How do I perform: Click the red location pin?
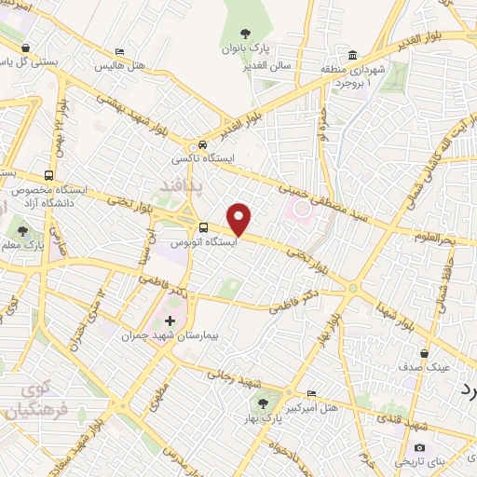point(240,219)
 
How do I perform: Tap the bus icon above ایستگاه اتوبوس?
point(202,228)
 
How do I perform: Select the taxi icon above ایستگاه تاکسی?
point(201,145)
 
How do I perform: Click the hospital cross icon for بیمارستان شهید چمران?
point(169,321)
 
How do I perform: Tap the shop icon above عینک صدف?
point(425,354)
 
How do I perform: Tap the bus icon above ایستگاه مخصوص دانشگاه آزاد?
point(48,174)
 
